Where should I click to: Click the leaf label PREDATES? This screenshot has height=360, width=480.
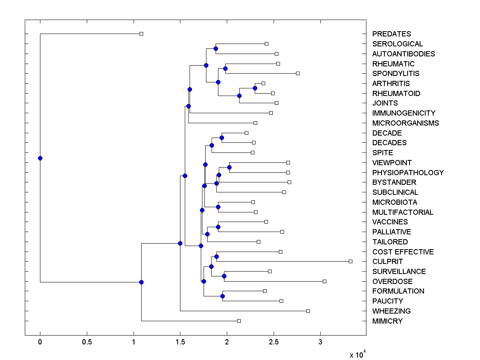391,34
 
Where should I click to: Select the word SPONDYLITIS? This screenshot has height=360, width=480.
396,74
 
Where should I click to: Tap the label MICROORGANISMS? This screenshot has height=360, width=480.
405,123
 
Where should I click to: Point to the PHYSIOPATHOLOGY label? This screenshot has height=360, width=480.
408,173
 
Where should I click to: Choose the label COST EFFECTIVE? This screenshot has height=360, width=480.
403,252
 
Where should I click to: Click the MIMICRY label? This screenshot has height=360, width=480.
387,321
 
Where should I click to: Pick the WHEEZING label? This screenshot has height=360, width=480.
391,311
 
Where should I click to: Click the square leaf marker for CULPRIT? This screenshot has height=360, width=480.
350,261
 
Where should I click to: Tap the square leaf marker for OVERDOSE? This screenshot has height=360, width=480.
324,281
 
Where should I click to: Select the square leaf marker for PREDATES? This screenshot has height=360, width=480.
141,34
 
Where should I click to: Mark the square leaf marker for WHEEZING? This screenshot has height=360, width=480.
308,311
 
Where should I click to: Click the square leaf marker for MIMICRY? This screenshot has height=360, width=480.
239,321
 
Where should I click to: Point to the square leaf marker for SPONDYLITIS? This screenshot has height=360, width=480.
298,73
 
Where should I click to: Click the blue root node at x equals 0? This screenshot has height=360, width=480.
40,158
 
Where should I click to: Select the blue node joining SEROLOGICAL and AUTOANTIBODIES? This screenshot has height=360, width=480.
216,48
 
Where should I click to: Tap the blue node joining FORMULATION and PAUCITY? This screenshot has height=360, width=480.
222,296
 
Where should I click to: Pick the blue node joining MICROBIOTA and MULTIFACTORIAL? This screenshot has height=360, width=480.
218,207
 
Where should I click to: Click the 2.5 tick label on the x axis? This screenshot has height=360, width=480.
274,342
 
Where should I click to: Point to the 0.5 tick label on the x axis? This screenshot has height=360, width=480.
87,342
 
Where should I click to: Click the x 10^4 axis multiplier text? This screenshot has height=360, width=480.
358,354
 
